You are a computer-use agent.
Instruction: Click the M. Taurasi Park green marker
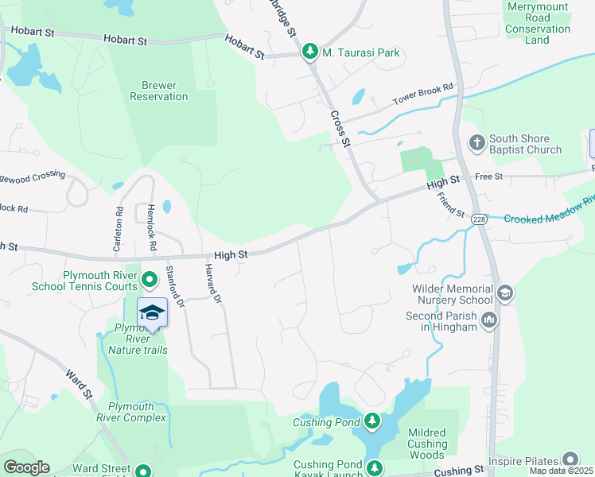pyautogui.click(x=309, y=52)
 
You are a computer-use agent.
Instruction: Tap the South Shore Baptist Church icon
pyautogui.click(x=476, y=143)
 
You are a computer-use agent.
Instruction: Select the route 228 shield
pyautogui.click(x=478, y=219)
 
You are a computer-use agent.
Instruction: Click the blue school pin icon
pyautogui.click(x=152, y=312)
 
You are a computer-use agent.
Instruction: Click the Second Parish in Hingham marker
pyautogui.click(x=488, y=320)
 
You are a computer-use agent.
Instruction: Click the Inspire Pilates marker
pyautogui.click(x=570, y=460)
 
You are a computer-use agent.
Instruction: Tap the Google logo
pyautogui.click(x=26, y=467)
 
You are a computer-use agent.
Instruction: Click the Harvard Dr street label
pyautogui.click(x=212, y=285)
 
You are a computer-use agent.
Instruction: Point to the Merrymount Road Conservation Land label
pyautogui.click(x=538, y=23)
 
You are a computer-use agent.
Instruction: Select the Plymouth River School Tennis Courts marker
pyautogui.click(x=148, y=279)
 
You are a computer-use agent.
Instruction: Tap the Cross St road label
pyautogui.click(x=340, y=128)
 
